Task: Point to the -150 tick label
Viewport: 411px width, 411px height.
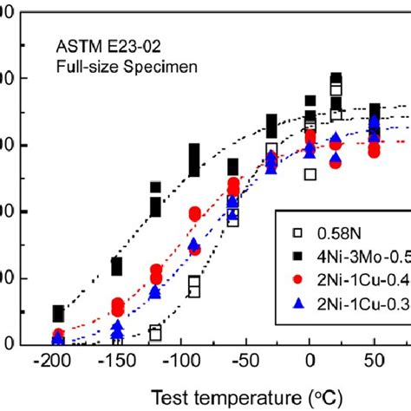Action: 116,362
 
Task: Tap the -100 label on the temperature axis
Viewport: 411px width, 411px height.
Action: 180,362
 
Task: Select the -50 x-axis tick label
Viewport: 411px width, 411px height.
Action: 246,362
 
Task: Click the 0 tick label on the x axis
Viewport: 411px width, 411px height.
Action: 310,362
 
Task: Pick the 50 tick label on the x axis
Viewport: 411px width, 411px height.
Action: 374,362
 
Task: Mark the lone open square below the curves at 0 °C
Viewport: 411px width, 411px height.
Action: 310,174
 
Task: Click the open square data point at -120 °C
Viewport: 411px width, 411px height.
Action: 155,332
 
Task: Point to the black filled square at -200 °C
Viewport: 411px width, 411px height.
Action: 58,313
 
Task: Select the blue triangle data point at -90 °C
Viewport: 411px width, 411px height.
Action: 194,245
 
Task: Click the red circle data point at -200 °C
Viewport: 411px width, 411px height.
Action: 58,335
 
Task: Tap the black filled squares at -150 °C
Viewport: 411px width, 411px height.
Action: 116,265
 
